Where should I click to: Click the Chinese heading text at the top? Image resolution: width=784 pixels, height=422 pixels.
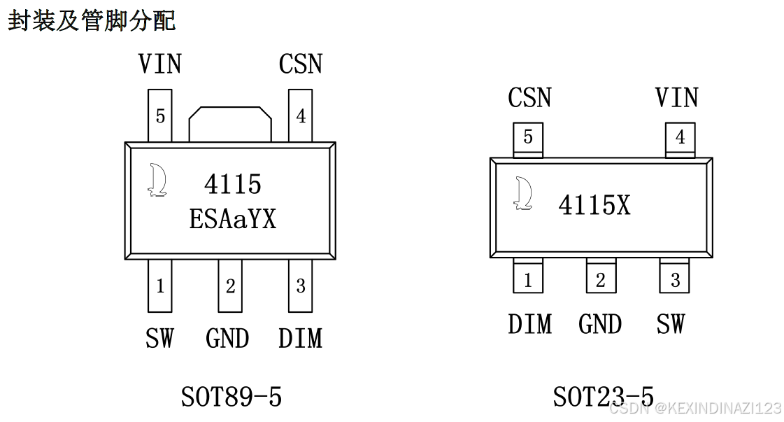pos(92,20)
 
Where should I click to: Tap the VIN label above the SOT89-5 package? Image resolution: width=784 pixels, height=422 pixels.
pos(159,64)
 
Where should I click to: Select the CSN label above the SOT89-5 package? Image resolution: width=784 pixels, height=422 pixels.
pos(300,64)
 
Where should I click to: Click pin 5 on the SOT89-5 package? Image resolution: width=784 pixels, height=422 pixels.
pos(160,115)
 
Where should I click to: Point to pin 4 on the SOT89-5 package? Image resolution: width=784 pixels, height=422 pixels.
pos(301,115)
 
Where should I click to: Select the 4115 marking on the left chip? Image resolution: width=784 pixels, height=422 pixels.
pos(233,184)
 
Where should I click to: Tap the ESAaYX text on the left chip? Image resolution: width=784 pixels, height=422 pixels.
pos(233,219)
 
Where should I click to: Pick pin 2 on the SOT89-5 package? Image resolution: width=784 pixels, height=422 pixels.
pos(230,286)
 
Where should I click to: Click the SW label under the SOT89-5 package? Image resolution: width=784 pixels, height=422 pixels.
pos(159,339)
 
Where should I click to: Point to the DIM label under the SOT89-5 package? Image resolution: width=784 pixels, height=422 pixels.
pos(300,339)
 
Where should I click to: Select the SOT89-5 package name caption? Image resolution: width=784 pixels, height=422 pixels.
pos(231,398)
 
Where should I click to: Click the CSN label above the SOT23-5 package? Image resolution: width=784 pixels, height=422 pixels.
pos(529,98)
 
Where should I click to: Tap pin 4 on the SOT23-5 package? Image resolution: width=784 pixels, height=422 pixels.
pos(680,138)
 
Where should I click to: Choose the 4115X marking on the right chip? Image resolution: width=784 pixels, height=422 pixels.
pos(594,205)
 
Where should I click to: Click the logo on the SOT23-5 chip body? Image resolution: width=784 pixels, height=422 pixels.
pos(522,193)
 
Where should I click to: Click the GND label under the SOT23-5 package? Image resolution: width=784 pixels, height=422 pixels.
pos(600,325)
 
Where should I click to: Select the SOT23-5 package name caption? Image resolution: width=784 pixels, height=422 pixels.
pos(603,397)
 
